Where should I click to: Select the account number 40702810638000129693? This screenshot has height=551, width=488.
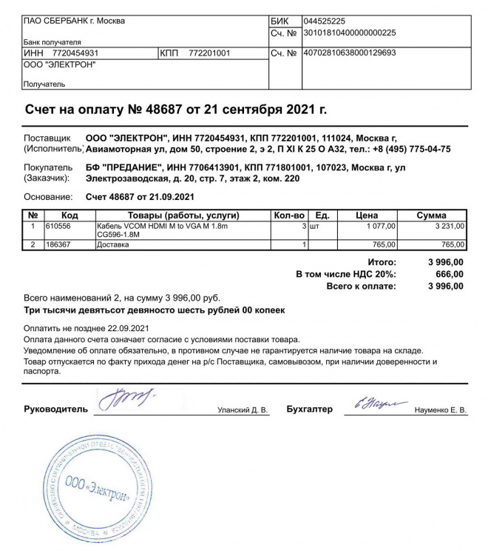[x=350, y=53]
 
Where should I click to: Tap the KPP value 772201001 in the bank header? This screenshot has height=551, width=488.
[x=210, y=53]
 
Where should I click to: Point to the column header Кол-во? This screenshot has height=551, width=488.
[x=288, y=216]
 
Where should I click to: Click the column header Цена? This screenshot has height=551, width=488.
[x=367, y=216]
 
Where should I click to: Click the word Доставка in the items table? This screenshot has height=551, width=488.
[x=113, y=244]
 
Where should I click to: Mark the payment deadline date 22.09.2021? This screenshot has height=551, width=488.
[x=123, y=328]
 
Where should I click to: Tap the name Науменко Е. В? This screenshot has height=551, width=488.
[x=441, y=410]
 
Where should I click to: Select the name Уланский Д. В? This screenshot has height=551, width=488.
[x=243, y=410]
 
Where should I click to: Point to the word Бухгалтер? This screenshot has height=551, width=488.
[x=310, y=409]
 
